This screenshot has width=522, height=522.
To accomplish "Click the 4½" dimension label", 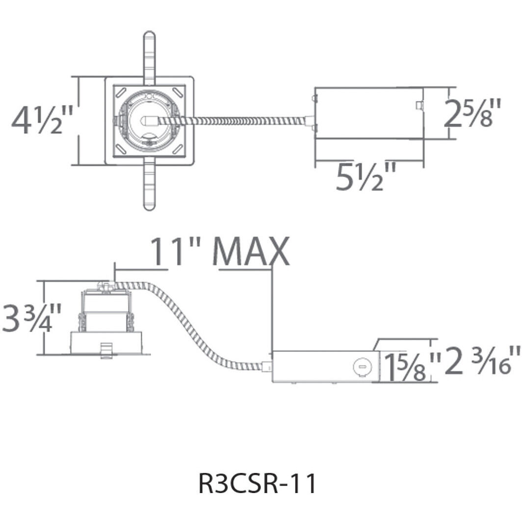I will click(42, 121).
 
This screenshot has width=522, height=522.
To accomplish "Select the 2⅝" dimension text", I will click(473, 113).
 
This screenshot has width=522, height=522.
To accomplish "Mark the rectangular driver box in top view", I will click(368, 113).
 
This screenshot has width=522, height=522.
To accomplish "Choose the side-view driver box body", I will click(319, 366).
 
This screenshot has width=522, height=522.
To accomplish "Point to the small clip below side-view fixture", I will click(105, 350).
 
